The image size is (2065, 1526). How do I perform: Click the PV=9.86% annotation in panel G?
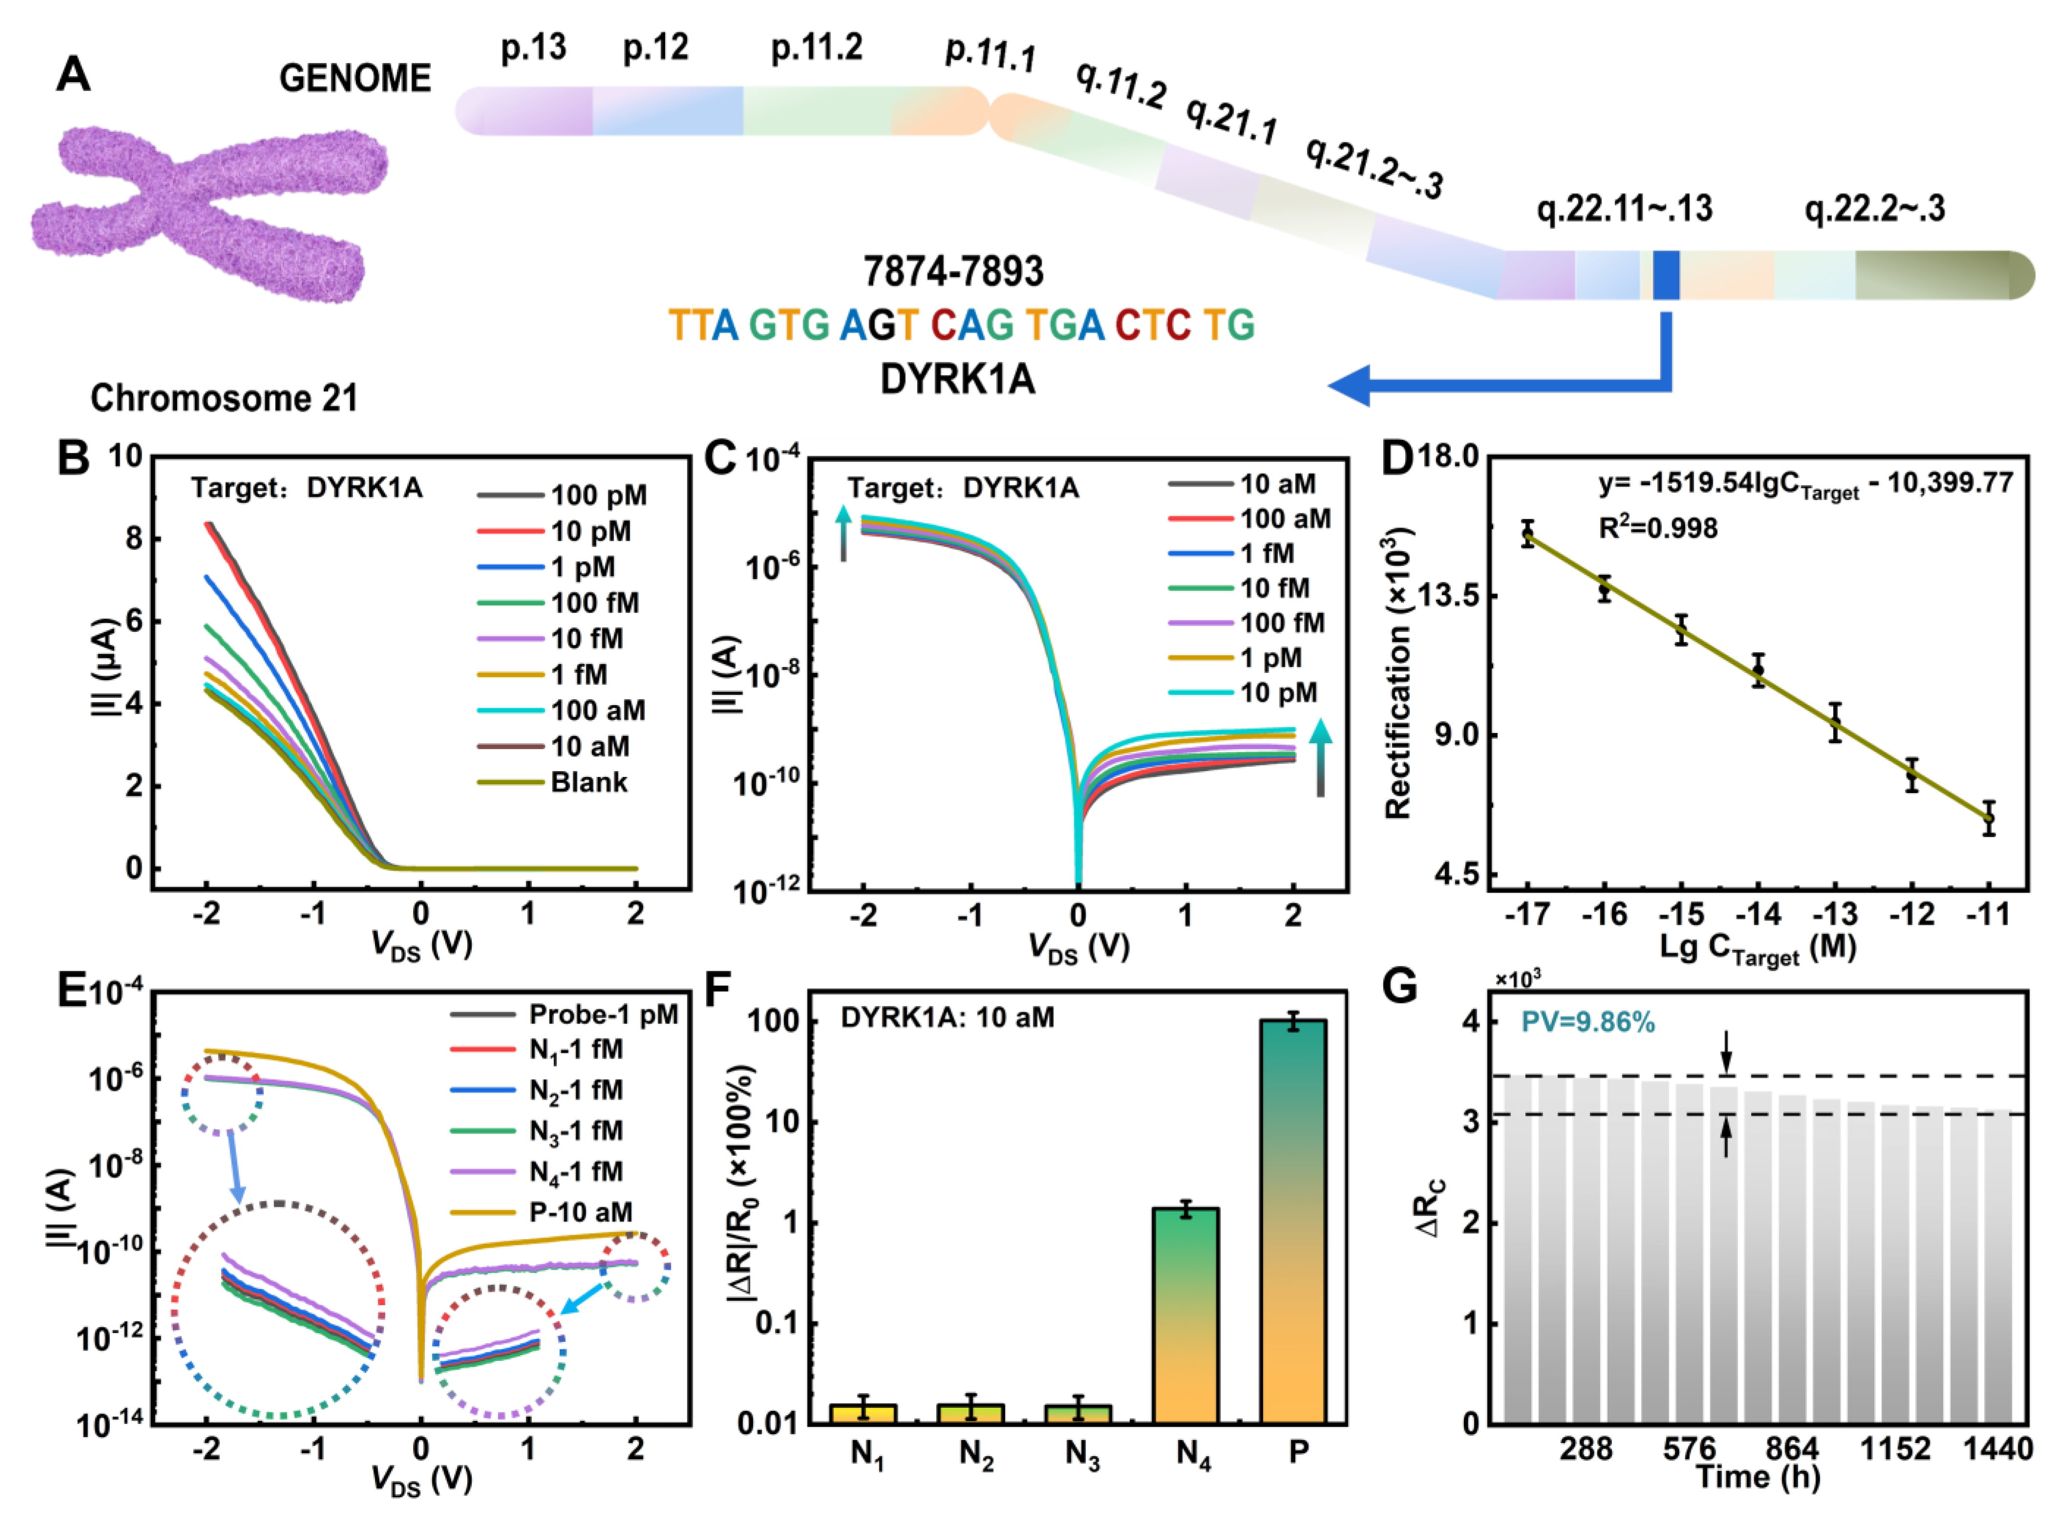[1587, 1023]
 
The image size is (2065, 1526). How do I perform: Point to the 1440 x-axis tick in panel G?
[1997, 1448]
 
